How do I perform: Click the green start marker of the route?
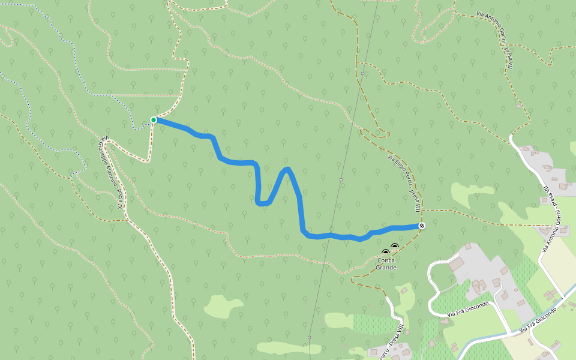[154, 120]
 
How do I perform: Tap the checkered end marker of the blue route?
[422, 226]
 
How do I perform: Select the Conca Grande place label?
[386, 264]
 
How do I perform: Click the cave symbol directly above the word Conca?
[385, 253]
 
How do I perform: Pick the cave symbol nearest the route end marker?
[395, 246]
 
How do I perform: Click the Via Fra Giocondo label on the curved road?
[468, 309]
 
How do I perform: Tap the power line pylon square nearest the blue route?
[341, 179]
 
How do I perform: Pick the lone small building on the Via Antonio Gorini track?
[518, 106]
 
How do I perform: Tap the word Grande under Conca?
[386, 268]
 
